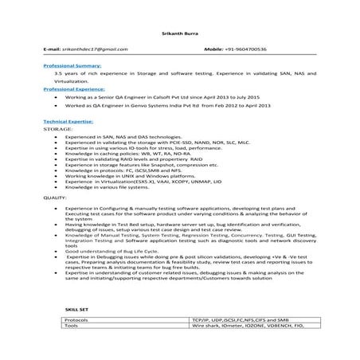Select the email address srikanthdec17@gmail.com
click(84, 49)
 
